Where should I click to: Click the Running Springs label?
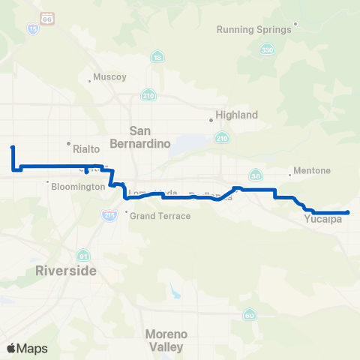253,30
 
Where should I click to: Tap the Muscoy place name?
109,76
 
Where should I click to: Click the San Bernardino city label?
151,136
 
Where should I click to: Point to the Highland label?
236,115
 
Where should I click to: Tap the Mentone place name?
313,170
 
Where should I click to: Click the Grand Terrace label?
162,216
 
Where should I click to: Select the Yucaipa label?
323,219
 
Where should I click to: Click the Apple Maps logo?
27,348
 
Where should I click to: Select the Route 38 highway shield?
256,175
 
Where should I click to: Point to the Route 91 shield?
84,254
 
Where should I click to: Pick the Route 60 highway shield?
248,316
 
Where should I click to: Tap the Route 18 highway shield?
157,58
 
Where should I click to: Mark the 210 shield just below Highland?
221,138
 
